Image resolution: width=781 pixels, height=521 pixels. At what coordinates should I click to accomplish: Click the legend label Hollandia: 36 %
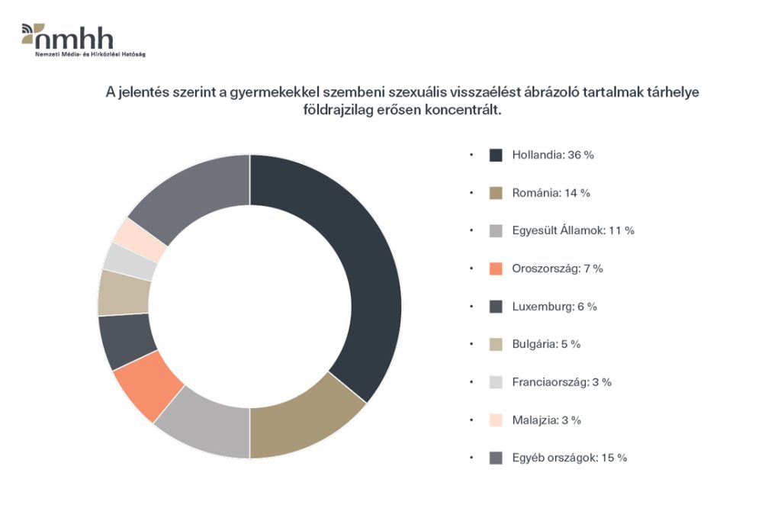tap(553, 155)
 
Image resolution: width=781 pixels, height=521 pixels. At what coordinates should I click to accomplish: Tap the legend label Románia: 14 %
tap(551, 193)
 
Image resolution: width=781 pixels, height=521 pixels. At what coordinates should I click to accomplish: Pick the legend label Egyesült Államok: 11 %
tap(573, 230)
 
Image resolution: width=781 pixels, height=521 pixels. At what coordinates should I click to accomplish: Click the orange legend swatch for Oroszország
tap(496, 269)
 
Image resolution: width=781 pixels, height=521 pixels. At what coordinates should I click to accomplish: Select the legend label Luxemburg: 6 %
tap(554, 307)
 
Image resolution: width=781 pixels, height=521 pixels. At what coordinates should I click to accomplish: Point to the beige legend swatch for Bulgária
tap(496, 344)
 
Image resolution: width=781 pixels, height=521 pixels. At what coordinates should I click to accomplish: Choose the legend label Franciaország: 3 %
tap(562, 382)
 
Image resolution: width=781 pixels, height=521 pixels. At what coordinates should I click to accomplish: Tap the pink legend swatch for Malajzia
tap(496, 420)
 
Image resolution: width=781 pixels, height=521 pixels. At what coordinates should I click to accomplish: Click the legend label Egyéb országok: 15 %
tap(570, 458)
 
